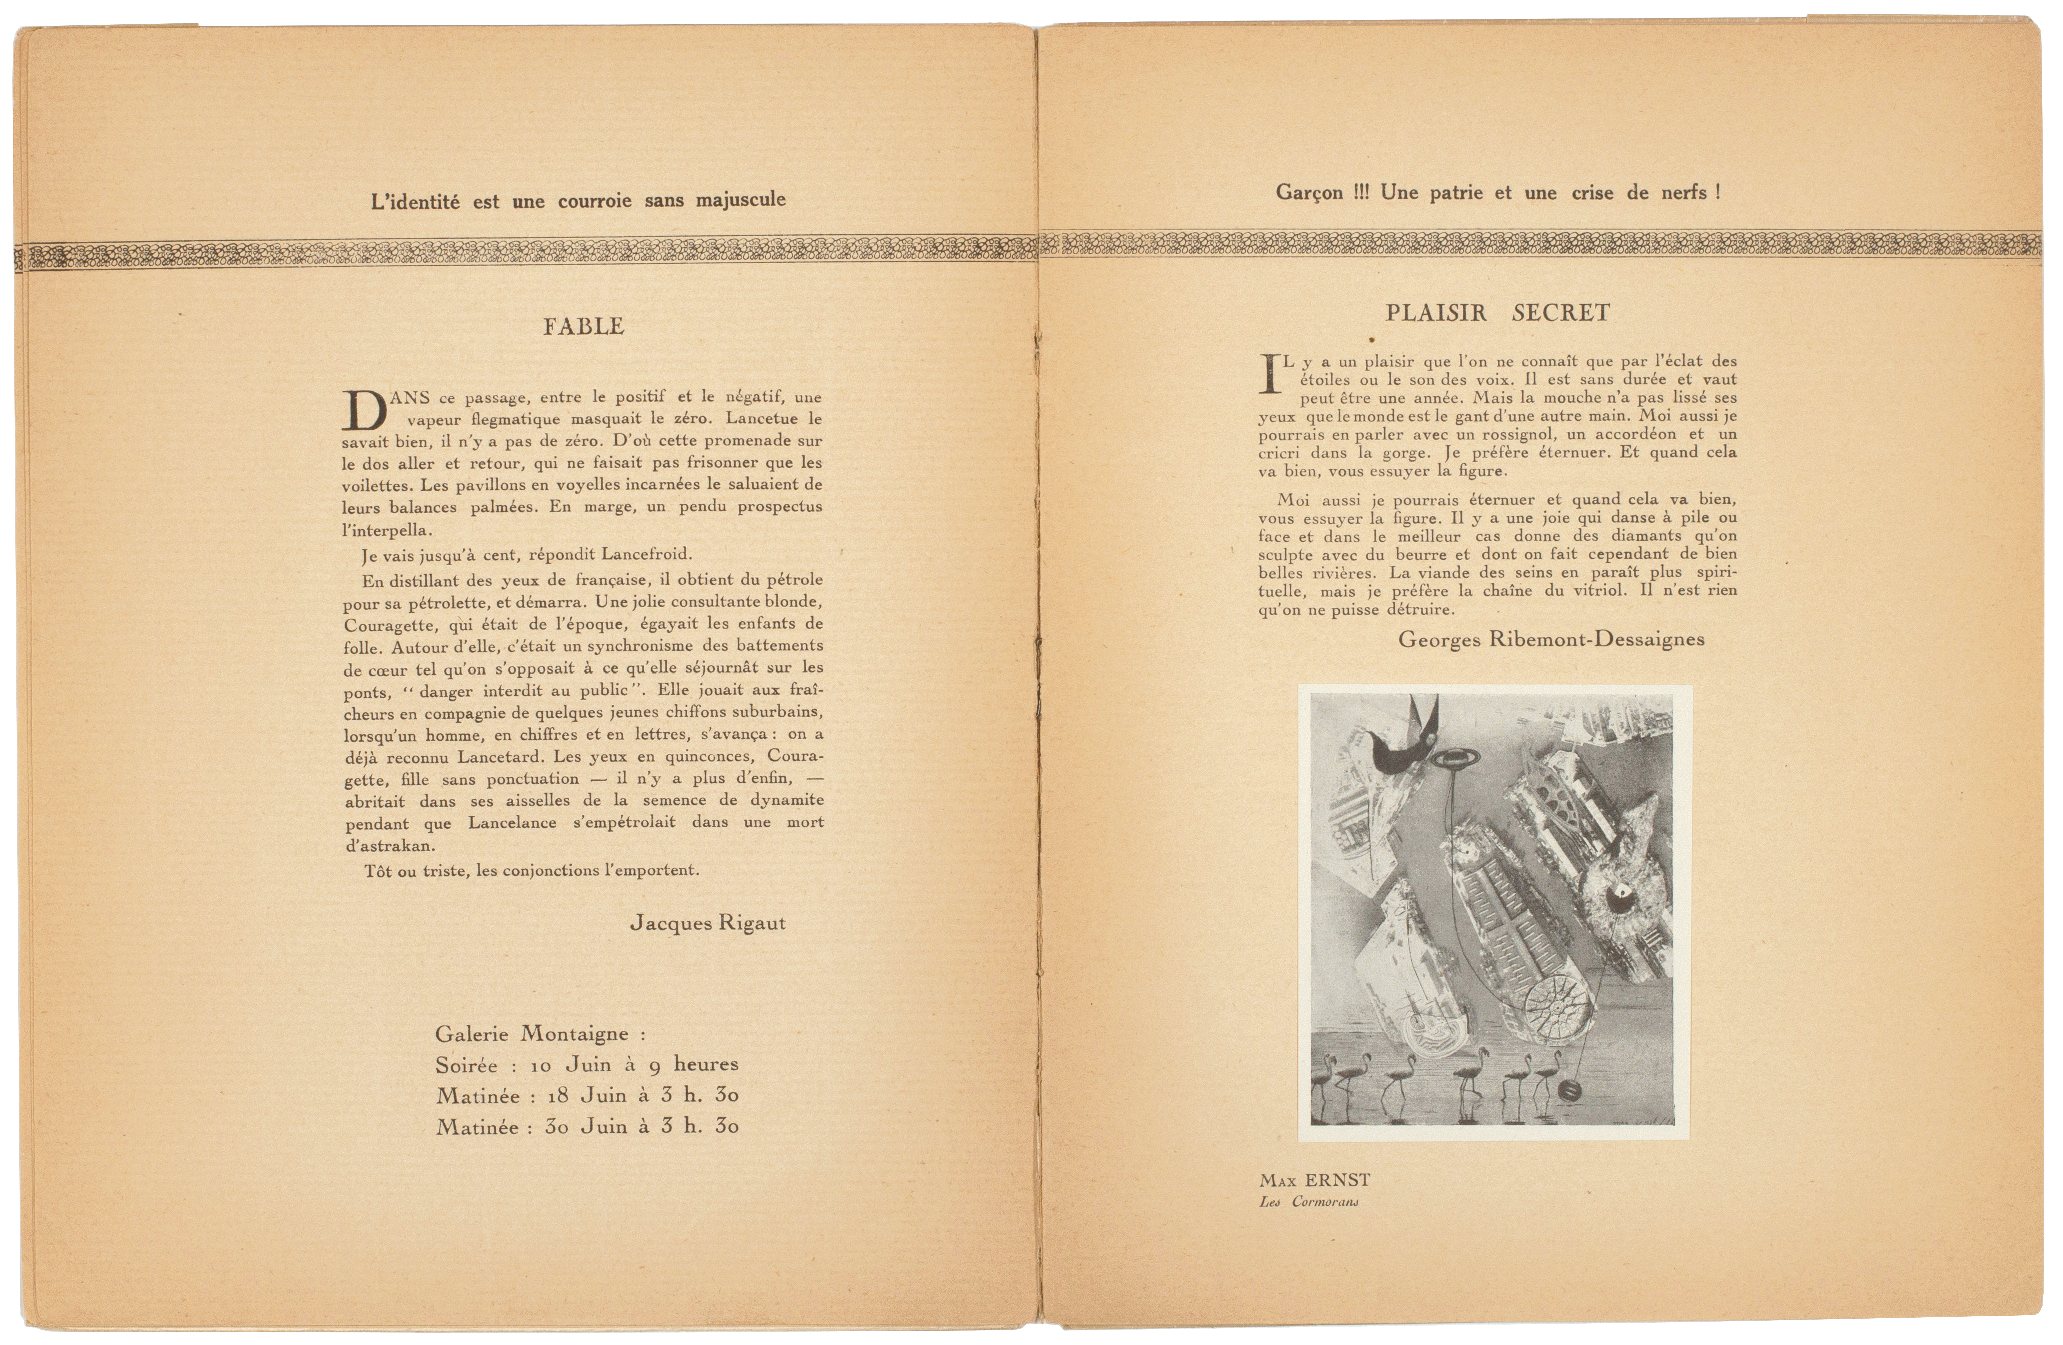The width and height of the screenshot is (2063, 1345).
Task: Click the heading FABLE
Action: (583, 326)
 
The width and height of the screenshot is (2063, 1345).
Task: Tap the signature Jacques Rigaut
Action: (707, 923)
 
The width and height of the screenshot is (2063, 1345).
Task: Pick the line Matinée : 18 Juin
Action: (587, 1095)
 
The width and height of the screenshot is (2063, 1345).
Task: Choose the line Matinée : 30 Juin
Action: (587, 1126)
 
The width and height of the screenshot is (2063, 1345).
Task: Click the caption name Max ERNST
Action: (1314, 1180)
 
